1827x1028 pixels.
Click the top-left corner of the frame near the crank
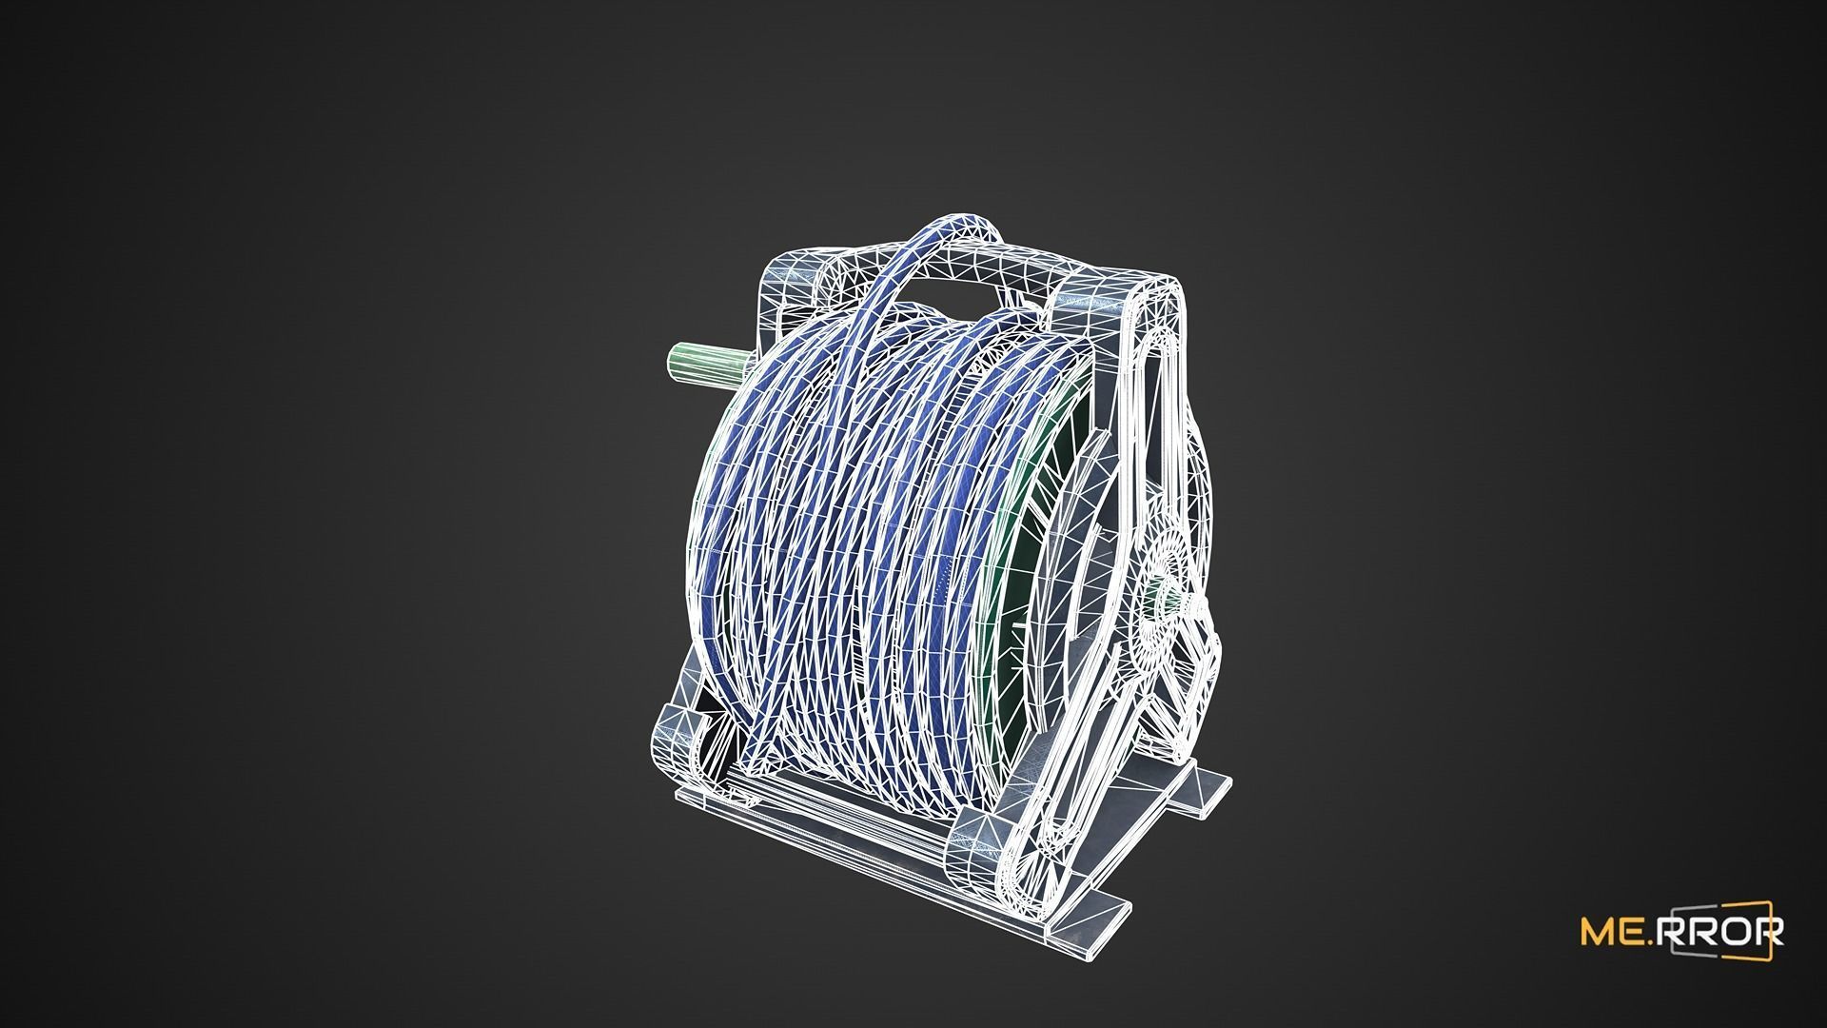(x=776, y=286)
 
